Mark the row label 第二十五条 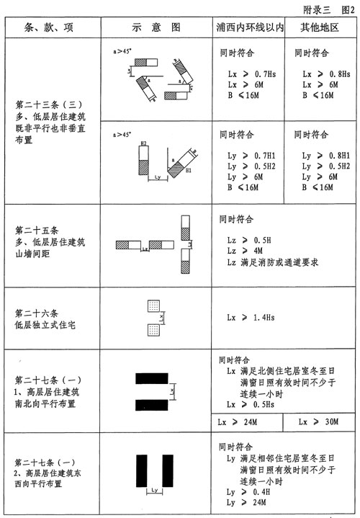pos(39,230)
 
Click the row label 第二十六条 pos(39,313)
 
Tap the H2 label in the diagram pos(144,144)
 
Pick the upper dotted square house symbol pos(152,305)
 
